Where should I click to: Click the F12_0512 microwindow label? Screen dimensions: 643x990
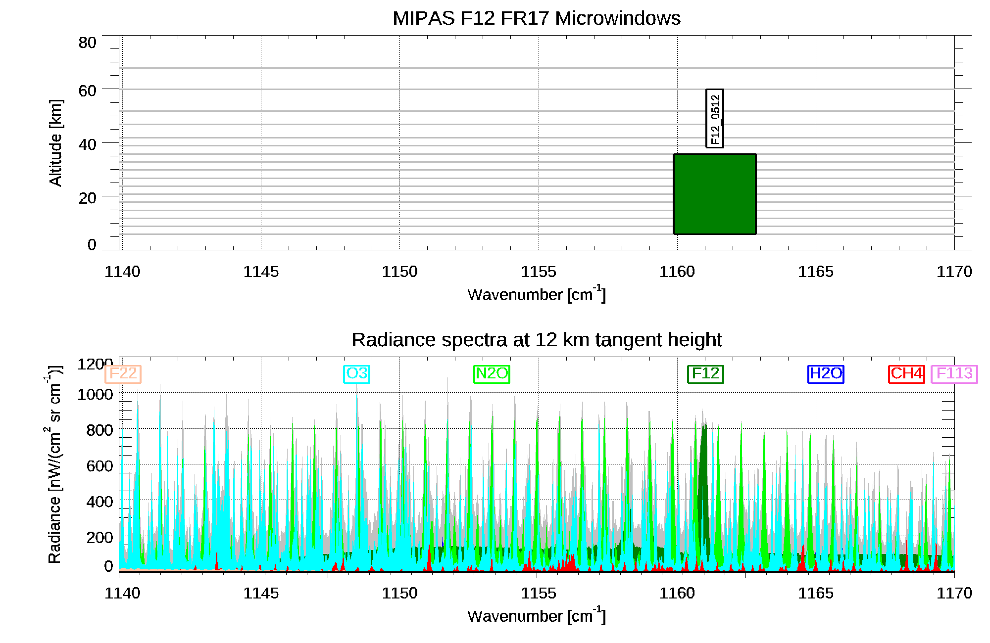point(714,119)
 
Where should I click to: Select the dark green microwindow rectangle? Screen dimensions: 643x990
point(714,194)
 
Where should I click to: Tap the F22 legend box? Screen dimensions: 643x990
point(123,374)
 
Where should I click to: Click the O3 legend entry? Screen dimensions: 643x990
point(356,374)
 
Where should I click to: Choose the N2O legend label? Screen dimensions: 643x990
point(492,374)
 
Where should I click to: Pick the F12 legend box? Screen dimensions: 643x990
point(705,374)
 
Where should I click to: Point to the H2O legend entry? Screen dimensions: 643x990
point(826,374)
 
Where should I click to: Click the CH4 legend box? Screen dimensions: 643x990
point(906,374)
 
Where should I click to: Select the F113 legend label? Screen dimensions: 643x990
point(954,374)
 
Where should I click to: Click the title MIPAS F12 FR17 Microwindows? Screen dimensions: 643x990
point(536,18)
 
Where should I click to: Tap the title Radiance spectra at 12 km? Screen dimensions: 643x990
point(536,340)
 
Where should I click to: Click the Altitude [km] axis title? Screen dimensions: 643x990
point(55,142)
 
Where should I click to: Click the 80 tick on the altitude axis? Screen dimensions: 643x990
point(87,43)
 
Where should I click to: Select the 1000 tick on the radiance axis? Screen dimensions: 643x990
point(95,395)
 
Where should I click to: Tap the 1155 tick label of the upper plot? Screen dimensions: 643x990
point(538,272)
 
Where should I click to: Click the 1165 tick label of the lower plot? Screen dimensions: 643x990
point(815,593)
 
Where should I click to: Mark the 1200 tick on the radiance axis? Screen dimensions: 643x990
point(95,365)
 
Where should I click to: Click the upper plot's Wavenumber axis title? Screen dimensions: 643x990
point(536,294)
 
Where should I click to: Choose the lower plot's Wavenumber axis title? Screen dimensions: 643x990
point(536,616)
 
